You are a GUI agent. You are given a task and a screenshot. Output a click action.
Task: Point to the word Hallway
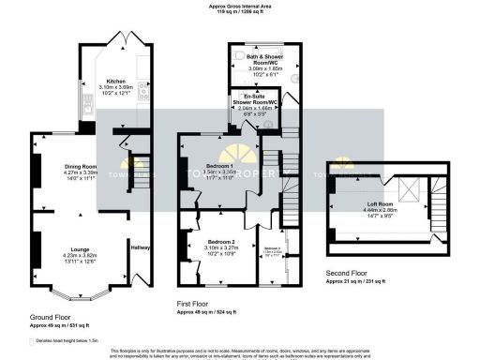point(141,247)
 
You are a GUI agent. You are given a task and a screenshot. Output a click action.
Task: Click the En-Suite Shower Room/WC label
point(251,97)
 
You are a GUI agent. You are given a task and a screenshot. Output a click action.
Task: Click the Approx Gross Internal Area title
point(239,7)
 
